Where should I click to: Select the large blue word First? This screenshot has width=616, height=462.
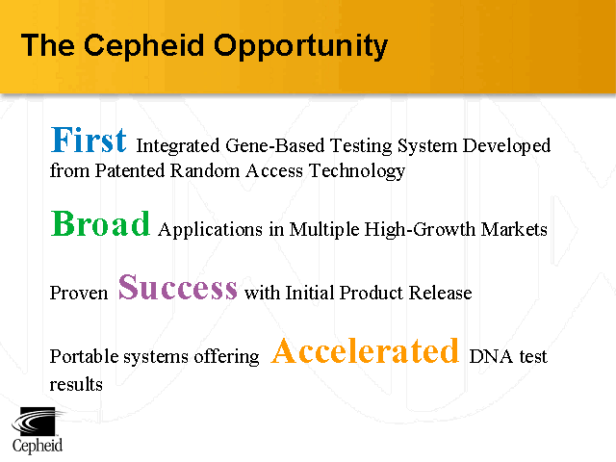click(89, 141)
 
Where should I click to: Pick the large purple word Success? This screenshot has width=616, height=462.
click(178, 287)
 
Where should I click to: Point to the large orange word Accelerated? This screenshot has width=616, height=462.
click(365, 351)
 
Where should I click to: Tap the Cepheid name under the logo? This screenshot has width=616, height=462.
click(38, 446)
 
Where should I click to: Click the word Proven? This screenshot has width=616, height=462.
click(79, 293)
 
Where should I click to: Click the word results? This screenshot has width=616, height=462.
click(76, 383)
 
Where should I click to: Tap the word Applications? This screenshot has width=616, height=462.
click(207, 230)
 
